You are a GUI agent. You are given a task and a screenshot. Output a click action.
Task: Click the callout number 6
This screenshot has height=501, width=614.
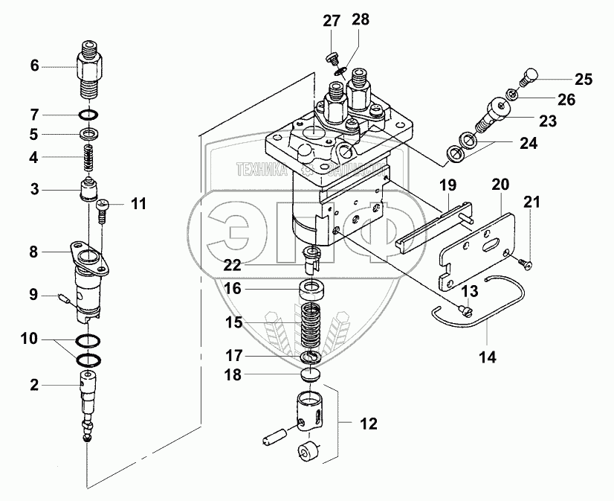34,66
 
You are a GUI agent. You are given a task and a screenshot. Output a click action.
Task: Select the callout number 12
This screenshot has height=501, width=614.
368,424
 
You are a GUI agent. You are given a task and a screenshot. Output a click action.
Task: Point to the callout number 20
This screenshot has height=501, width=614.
500,184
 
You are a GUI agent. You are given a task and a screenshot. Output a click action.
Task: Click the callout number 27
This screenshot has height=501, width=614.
331,21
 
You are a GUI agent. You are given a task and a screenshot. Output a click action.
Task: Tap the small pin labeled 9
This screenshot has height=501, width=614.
62,299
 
